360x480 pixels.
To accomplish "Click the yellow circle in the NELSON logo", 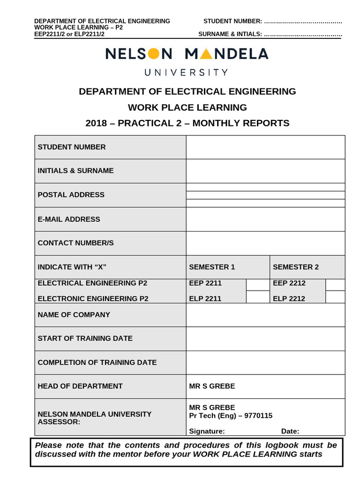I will (153, 54).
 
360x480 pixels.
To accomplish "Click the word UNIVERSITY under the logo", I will (186, 73).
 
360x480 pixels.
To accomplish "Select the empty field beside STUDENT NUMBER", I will (265, 147).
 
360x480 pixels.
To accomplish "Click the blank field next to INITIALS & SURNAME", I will (265, 171).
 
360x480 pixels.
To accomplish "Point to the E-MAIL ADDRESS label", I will (69, 219).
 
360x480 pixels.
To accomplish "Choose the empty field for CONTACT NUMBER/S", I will (265, 243).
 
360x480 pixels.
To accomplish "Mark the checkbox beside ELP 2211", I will (258, 297).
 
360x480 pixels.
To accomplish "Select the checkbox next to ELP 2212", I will (335, 297).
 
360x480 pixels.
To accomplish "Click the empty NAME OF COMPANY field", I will (265, 315).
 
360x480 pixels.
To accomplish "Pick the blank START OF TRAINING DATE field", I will (265, 338).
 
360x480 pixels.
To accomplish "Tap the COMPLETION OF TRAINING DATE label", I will (97, 363).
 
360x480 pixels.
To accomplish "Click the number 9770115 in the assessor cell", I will (257, 416).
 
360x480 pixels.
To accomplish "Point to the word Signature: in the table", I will (207, 432).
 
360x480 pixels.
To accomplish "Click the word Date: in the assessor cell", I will (290, 432).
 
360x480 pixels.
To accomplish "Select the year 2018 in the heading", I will (97, 123).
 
